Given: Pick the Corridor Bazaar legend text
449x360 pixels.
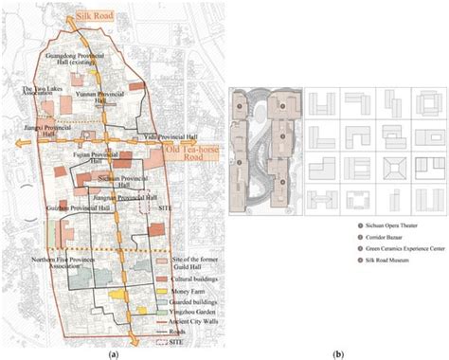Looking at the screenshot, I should tap(351, 241).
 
